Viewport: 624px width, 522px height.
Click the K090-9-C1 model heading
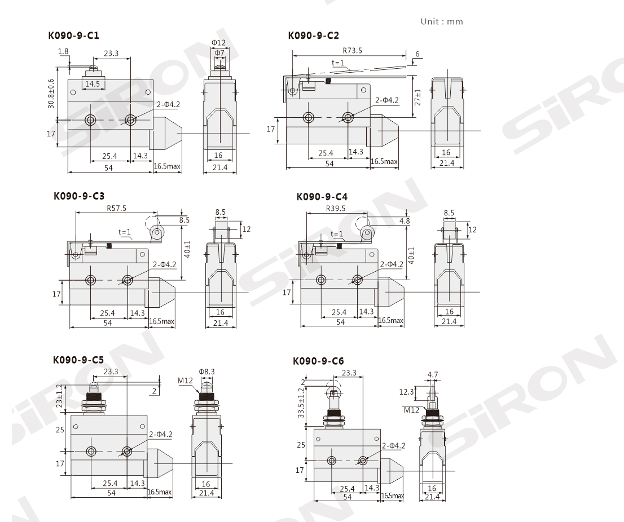click(73, 36)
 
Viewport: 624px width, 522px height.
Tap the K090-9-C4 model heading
click(322, 196)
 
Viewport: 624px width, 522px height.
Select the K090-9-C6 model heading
click(318, 361)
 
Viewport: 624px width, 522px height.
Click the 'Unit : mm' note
click(442, 21)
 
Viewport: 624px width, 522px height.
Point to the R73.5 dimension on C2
click(352, 51)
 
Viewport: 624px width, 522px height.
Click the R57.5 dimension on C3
click(117, 208)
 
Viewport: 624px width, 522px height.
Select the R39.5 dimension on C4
click(336, 209)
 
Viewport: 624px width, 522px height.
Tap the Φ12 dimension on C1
click(218, 42)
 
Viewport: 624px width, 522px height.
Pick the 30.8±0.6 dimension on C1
click(51, 94)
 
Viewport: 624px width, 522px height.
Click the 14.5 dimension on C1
click(93, 85)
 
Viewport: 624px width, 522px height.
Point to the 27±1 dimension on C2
click(418, 97)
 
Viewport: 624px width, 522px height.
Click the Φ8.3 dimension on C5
click(207, 371)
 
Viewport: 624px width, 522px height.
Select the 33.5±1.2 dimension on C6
click(301, 402)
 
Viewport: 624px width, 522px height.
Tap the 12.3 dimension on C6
click(406, 392)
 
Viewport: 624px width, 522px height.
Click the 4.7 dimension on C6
click(433, 374)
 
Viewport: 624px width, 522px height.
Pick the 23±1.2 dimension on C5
click(60, 396)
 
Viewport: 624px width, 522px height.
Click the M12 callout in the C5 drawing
click(185, 381)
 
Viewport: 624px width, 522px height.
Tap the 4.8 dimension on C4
click(405, 221)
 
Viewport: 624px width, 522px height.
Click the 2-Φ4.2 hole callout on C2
click(387, 100)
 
